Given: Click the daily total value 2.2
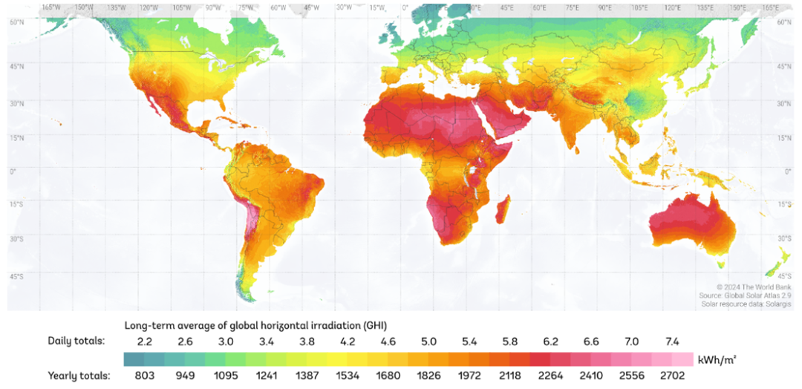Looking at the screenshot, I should pyautogui.click(x=144, y=341).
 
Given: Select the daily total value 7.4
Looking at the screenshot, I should pyautogui.click(x=673, y=341).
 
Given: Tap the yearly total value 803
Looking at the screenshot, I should pyautogui.click(x=144, y=376).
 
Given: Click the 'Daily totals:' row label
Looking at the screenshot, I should pyautogui.click(x=76, y=341).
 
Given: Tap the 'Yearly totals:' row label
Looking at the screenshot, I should pyautogui.click(x=78, y=376).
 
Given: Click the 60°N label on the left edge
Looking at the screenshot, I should pyautogui.click(x=15, y=23).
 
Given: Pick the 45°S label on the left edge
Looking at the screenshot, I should pyautogui.click(x=15, y=276).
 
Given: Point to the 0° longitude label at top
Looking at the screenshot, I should pyautogui.click(x=405, y=7).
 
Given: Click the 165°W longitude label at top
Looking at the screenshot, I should pyautogui.click(x=51, y=7).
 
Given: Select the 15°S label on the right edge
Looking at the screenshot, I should pyautogui.click(x=784, y=204).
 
